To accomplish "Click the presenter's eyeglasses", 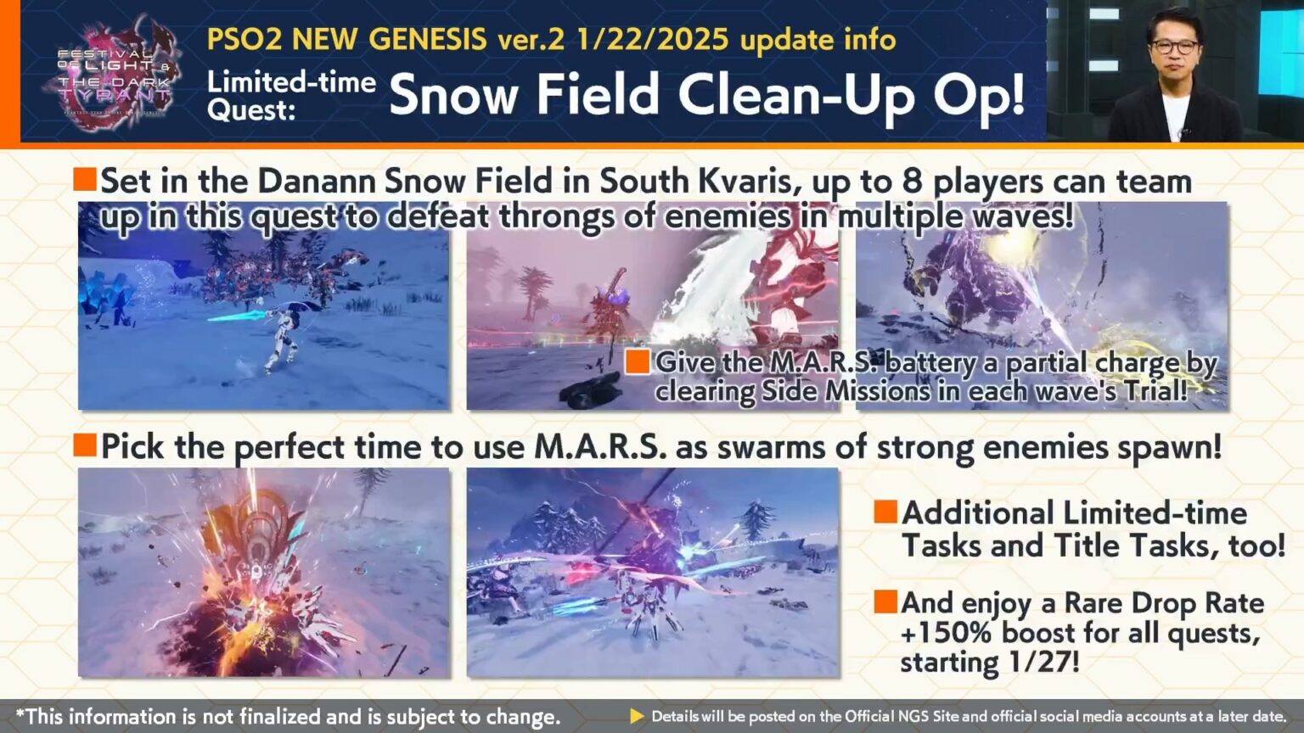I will pyautogui.click(x=1175, y=48).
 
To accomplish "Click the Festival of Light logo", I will pyautogui.click(x=113, y=75).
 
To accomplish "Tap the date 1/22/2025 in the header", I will pyautogui.click(x=651, y=39).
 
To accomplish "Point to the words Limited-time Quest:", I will pyautogui.click(x=290, y=95).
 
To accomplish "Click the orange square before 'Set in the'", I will pyautogui.click(x=85, y=179).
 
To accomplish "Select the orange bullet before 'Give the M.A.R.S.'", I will pyautogui.click(x=638, y=361).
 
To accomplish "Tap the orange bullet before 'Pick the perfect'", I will pyautogui.click(x=85, y=445).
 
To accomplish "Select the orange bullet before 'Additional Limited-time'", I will pyautogui.click(x=885, y=511).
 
